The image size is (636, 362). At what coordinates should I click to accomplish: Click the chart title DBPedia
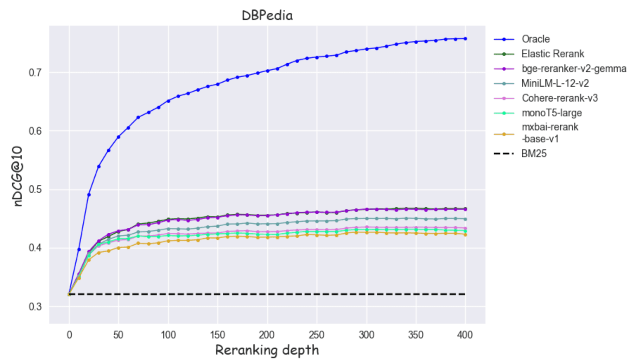pyautogui.click(x=267, y=15)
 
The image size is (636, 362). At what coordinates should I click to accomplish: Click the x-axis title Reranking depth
pyautogui.click(x=267, y=350)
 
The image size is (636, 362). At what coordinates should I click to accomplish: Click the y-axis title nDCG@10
pyautogui.click(x=18, y=176)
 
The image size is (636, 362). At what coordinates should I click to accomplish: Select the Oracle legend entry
pyautogui.click(x=535, y=39)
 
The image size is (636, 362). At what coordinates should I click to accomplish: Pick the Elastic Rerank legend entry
pyautogui.click(x=552, y=54)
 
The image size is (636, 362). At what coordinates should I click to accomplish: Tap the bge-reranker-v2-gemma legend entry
pyautogui.click(x=574, y=69)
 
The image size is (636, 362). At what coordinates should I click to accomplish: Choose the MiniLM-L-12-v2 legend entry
pyautogui.click(x=555, y=83)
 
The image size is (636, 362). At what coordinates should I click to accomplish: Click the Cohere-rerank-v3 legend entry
pyautogui.click(x=559, y=98)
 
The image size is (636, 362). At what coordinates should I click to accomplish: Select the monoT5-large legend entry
pyautogui.click(x=552, y=113)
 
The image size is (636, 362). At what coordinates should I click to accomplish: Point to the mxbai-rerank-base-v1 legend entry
pyautogui.click(x=549, y=133)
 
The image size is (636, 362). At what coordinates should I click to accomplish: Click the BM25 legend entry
pyautogui.click(x=534, y=154)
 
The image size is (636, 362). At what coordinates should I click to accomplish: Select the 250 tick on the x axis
pyautogui.click(x=317, y=335)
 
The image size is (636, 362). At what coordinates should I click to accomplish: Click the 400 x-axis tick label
pyautogui.click(x=465, y=335)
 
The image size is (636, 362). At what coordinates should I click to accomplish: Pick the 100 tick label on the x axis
pyautogui.click(x=168, y=335)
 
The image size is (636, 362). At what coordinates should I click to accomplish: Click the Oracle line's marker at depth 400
pyautogui.click(x=465, y=39)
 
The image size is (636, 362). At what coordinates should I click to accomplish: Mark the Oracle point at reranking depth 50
pyautogui.click(x=119, y=137)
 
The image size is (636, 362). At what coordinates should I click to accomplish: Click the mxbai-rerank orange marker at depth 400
pyautogui.click(x=465, y=234)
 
